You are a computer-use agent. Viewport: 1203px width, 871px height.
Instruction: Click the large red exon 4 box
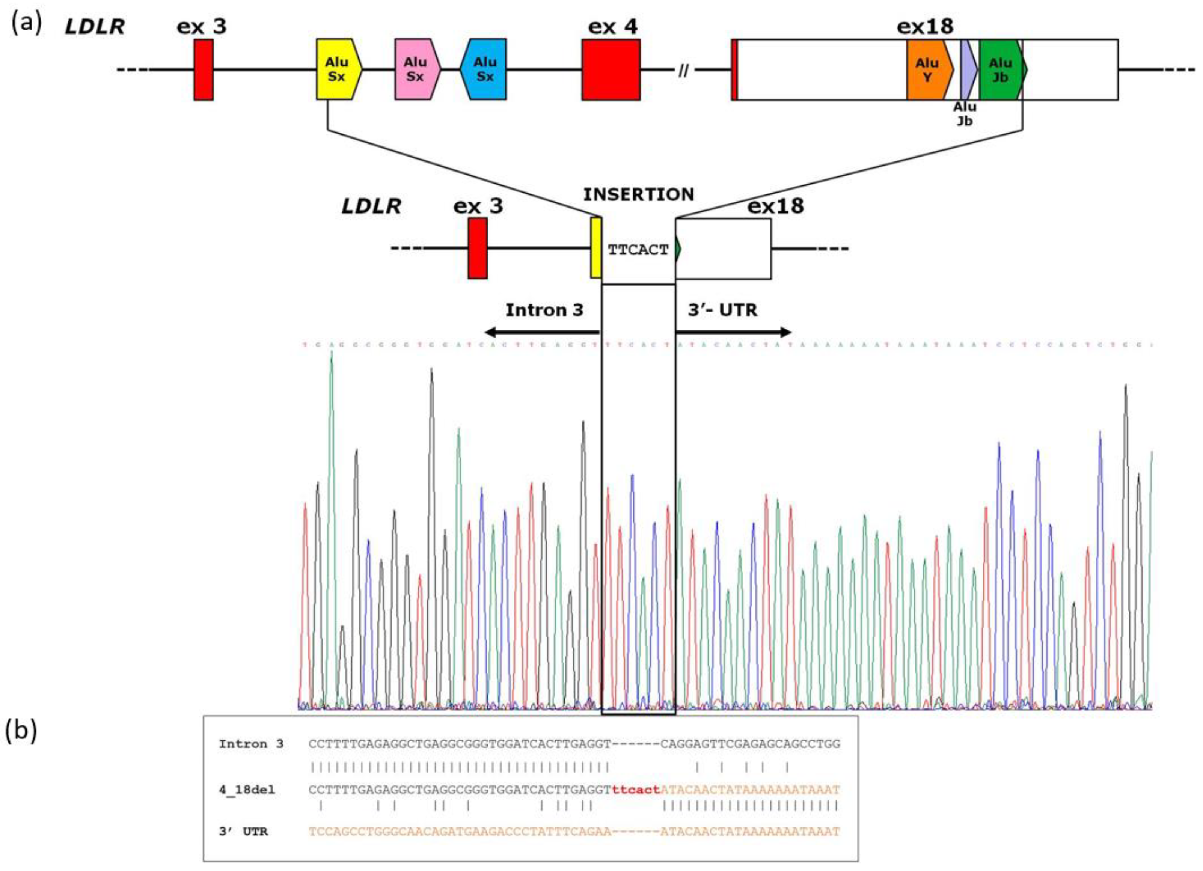pyautogui.click(x=611, y=69)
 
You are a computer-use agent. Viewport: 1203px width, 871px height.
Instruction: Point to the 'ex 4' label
pyautogui.click(x=613, y=27)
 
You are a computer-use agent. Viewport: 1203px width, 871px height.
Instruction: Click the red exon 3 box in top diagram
pyautogui.click(x=203, y=69)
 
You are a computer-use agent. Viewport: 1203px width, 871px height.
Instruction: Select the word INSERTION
pyautogui.click(x=639, y=195)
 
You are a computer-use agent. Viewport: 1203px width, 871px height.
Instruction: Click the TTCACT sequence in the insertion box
pyautogui.click(x=638, y=249)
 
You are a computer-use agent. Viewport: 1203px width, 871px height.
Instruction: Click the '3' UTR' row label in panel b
pyautogui.click(x=243, y=832)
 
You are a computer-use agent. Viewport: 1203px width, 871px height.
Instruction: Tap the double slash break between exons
pyautogui.click(x=683, y=70)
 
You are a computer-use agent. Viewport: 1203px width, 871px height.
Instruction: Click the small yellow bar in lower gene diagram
pyautogui.click(x=595, y=248)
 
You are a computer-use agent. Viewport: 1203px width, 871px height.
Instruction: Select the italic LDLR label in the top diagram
pyautogui.click(x=94, y=27)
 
